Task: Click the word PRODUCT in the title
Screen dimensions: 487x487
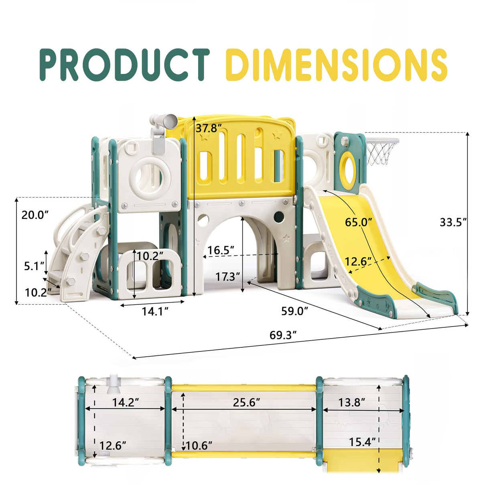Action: tap(124, 65)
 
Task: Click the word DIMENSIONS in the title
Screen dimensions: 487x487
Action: tap(336, 65)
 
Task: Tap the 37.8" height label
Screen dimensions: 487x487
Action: tap(209, 128)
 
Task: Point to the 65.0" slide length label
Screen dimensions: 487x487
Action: tap(358, 221)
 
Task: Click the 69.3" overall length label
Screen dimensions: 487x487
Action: tap(283, 335)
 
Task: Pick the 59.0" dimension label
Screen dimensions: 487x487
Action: tap(294, 310)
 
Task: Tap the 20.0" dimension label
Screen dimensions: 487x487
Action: tap(35, 215)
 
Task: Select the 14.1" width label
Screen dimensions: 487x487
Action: tap(155, 310)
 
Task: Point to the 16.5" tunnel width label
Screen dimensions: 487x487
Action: tap(221, 250)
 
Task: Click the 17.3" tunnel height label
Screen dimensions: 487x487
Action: tap(227, 276)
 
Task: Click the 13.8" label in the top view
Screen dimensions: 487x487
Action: tap(351, 402)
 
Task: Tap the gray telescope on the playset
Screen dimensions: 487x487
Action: tap(163, 122)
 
